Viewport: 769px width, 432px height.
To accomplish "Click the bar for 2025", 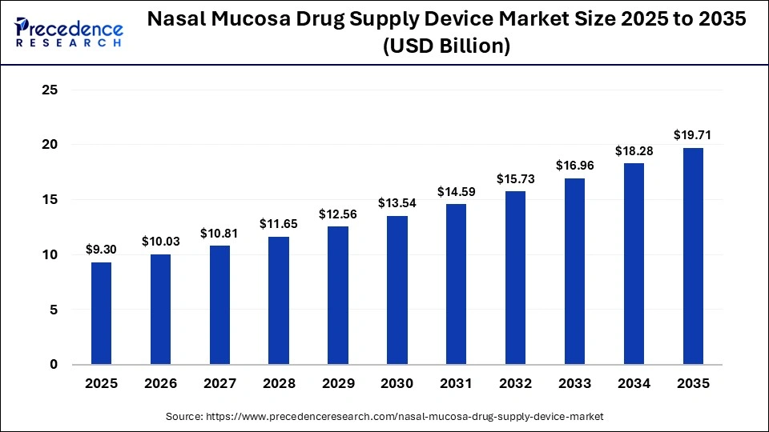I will tap(101, 313).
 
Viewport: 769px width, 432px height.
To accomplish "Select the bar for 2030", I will tap(397, 290).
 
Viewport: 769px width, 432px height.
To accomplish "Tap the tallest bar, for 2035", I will tap(693, 256).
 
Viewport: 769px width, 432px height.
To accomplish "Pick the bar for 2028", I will tap(279, 300).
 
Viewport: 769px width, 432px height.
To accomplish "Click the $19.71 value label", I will tap(693, 134).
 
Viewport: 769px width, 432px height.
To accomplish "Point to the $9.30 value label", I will tap(101, 249).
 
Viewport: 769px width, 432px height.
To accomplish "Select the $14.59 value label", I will tap(456, 191).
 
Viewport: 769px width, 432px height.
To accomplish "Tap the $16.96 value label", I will tap(574, 166).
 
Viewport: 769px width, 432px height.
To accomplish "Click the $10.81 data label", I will tap(219, 233).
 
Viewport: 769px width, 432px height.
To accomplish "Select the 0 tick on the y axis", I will tap(54, 365).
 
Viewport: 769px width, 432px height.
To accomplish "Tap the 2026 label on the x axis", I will tap(160, 384).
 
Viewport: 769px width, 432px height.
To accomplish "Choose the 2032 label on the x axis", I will tap(515, 384).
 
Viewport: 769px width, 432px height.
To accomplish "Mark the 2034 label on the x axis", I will tap(634, 384).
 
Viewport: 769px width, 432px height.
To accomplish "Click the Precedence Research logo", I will tap(69, 33).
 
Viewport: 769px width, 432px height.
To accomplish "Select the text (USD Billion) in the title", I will tap(446, 47).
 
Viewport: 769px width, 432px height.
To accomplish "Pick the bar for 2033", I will tap(574, 271).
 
